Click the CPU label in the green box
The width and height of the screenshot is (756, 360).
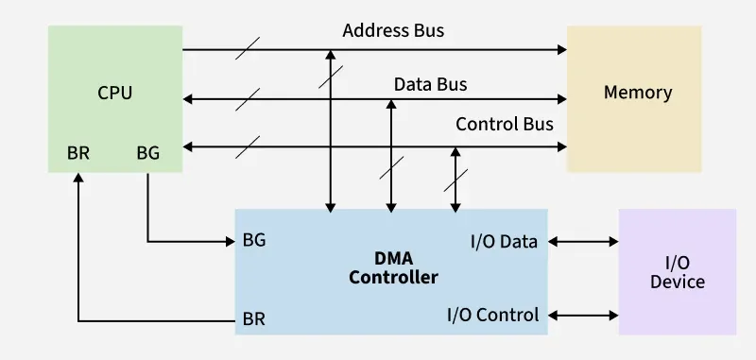pyautogui.click(x=114, y=93)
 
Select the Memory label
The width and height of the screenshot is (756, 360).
pyautogui.click(x=638, y=93)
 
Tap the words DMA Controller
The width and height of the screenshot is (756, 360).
pyautogui.click(x=393, y=268)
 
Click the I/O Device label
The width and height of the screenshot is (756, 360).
pyautogui.click(x=678, y=273)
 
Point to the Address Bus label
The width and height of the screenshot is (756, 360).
pyautogui.click(x=393, y=30)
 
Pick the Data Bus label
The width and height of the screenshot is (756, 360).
pyautogui.click(x=430, y=84)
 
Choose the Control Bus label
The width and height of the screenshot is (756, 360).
pyautogui.click(x=505, y=124)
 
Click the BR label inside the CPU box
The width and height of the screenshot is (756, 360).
pyautogui.click(x=78, y=152)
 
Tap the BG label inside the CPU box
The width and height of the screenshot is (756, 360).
pyautogui.click(x=148, y=152)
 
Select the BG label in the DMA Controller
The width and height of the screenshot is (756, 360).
pyautogui.click(x=254, y=240)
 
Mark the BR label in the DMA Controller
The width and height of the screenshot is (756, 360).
pyautogui.click(x=254, y=318)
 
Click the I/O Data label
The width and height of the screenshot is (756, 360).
pyautogui.click(x=504, y=241)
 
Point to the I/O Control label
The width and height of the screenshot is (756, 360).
pyautogui.click(x=492, y=315)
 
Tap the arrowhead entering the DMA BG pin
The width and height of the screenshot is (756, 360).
pyautogui.click(x=229, y=242)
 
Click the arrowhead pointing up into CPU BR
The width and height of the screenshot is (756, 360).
pyautogui.click(x=78, y=180)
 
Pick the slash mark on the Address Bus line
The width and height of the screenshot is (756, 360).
pyautogui.click(x=248, y=49)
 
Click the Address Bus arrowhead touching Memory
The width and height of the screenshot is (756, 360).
pyautogui.click(x=560, y=49)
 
